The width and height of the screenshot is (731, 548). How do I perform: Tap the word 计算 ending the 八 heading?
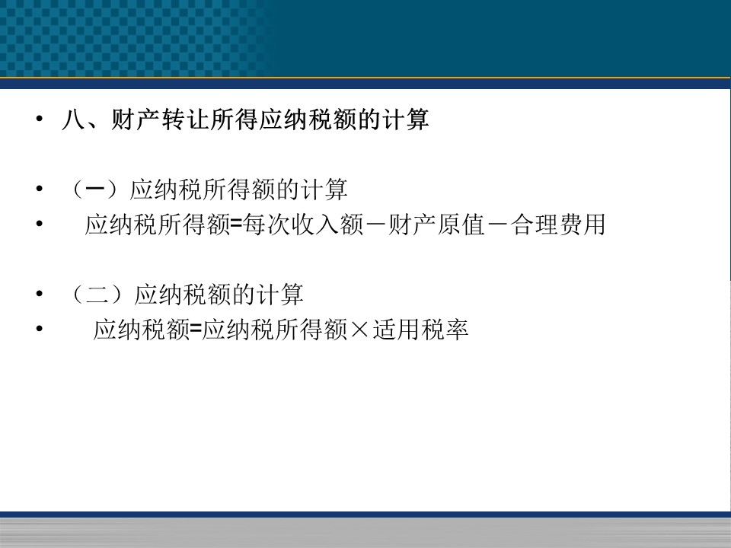(x=405, y=119)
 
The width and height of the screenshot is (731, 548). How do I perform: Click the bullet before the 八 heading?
(x=40, y=119)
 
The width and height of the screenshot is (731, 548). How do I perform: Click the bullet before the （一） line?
(x=40, y=188)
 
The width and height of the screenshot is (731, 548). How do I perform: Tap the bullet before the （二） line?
(x=40, y=294)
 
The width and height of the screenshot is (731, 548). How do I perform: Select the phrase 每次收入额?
(x=303, y=225)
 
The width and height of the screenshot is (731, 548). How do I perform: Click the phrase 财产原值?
(x=436, y=225)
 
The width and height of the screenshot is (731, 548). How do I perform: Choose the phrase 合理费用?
(x=557, y=225)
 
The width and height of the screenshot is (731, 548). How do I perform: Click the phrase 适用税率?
(x=420, y=330)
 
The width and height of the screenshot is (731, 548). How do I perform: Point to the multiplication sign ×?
(x=359, y=330)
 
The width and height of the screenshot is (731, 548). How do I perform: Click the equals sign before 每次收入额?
(x=236, y=225)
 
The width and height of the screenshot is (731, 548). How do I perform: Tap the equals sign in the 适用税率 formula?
(x=196, y=330)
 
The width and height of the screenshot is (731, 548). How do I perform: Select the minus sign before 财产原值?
(x=375, y=225)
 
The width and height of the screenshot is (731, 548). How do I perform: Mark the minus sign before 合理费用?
(x=497, y=225)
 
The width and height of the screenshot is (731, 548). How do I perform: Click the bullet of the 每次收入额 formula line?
(x=40, y=224)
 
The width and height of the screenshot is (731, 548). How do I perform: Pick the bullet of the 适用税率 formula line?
(x=40, y=329)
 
